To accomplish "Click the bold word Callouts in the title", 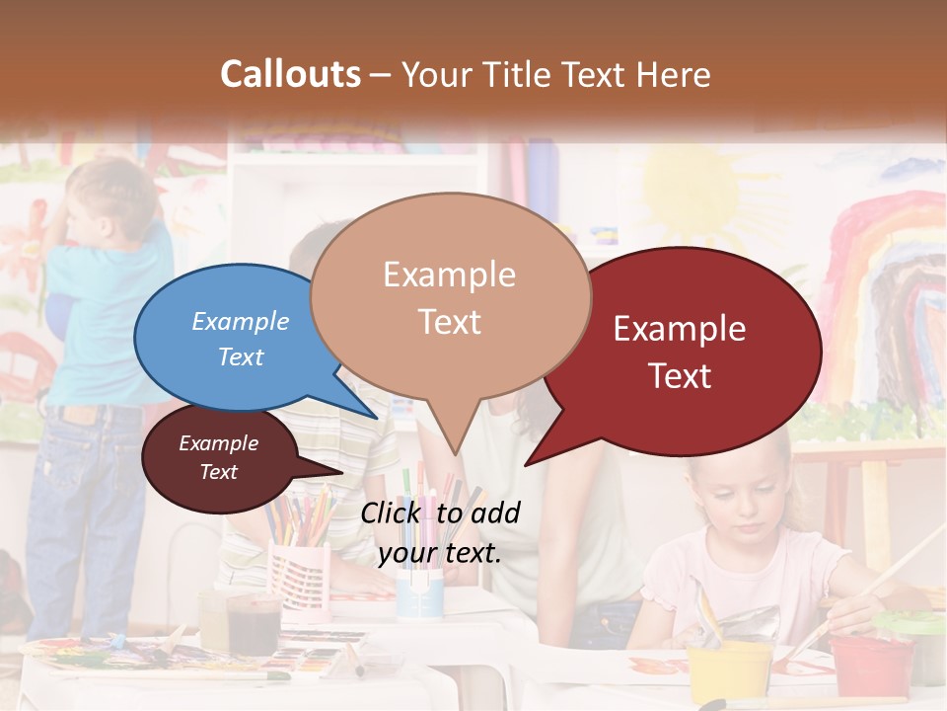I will click(290, 74).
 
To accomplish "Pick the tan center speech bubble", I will click(450, 296).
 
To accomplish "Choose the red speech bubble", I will click(691, 351).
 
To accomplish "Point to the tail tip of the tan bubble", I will click(454, 452).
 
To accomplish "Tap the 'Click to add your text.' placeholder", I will click(440, 533).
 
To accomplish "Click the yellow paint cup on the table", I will click(731, 671).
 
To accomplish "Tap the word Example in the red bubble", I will click(680, 329).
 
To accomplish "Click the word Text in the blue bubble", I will click(241, 357).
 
